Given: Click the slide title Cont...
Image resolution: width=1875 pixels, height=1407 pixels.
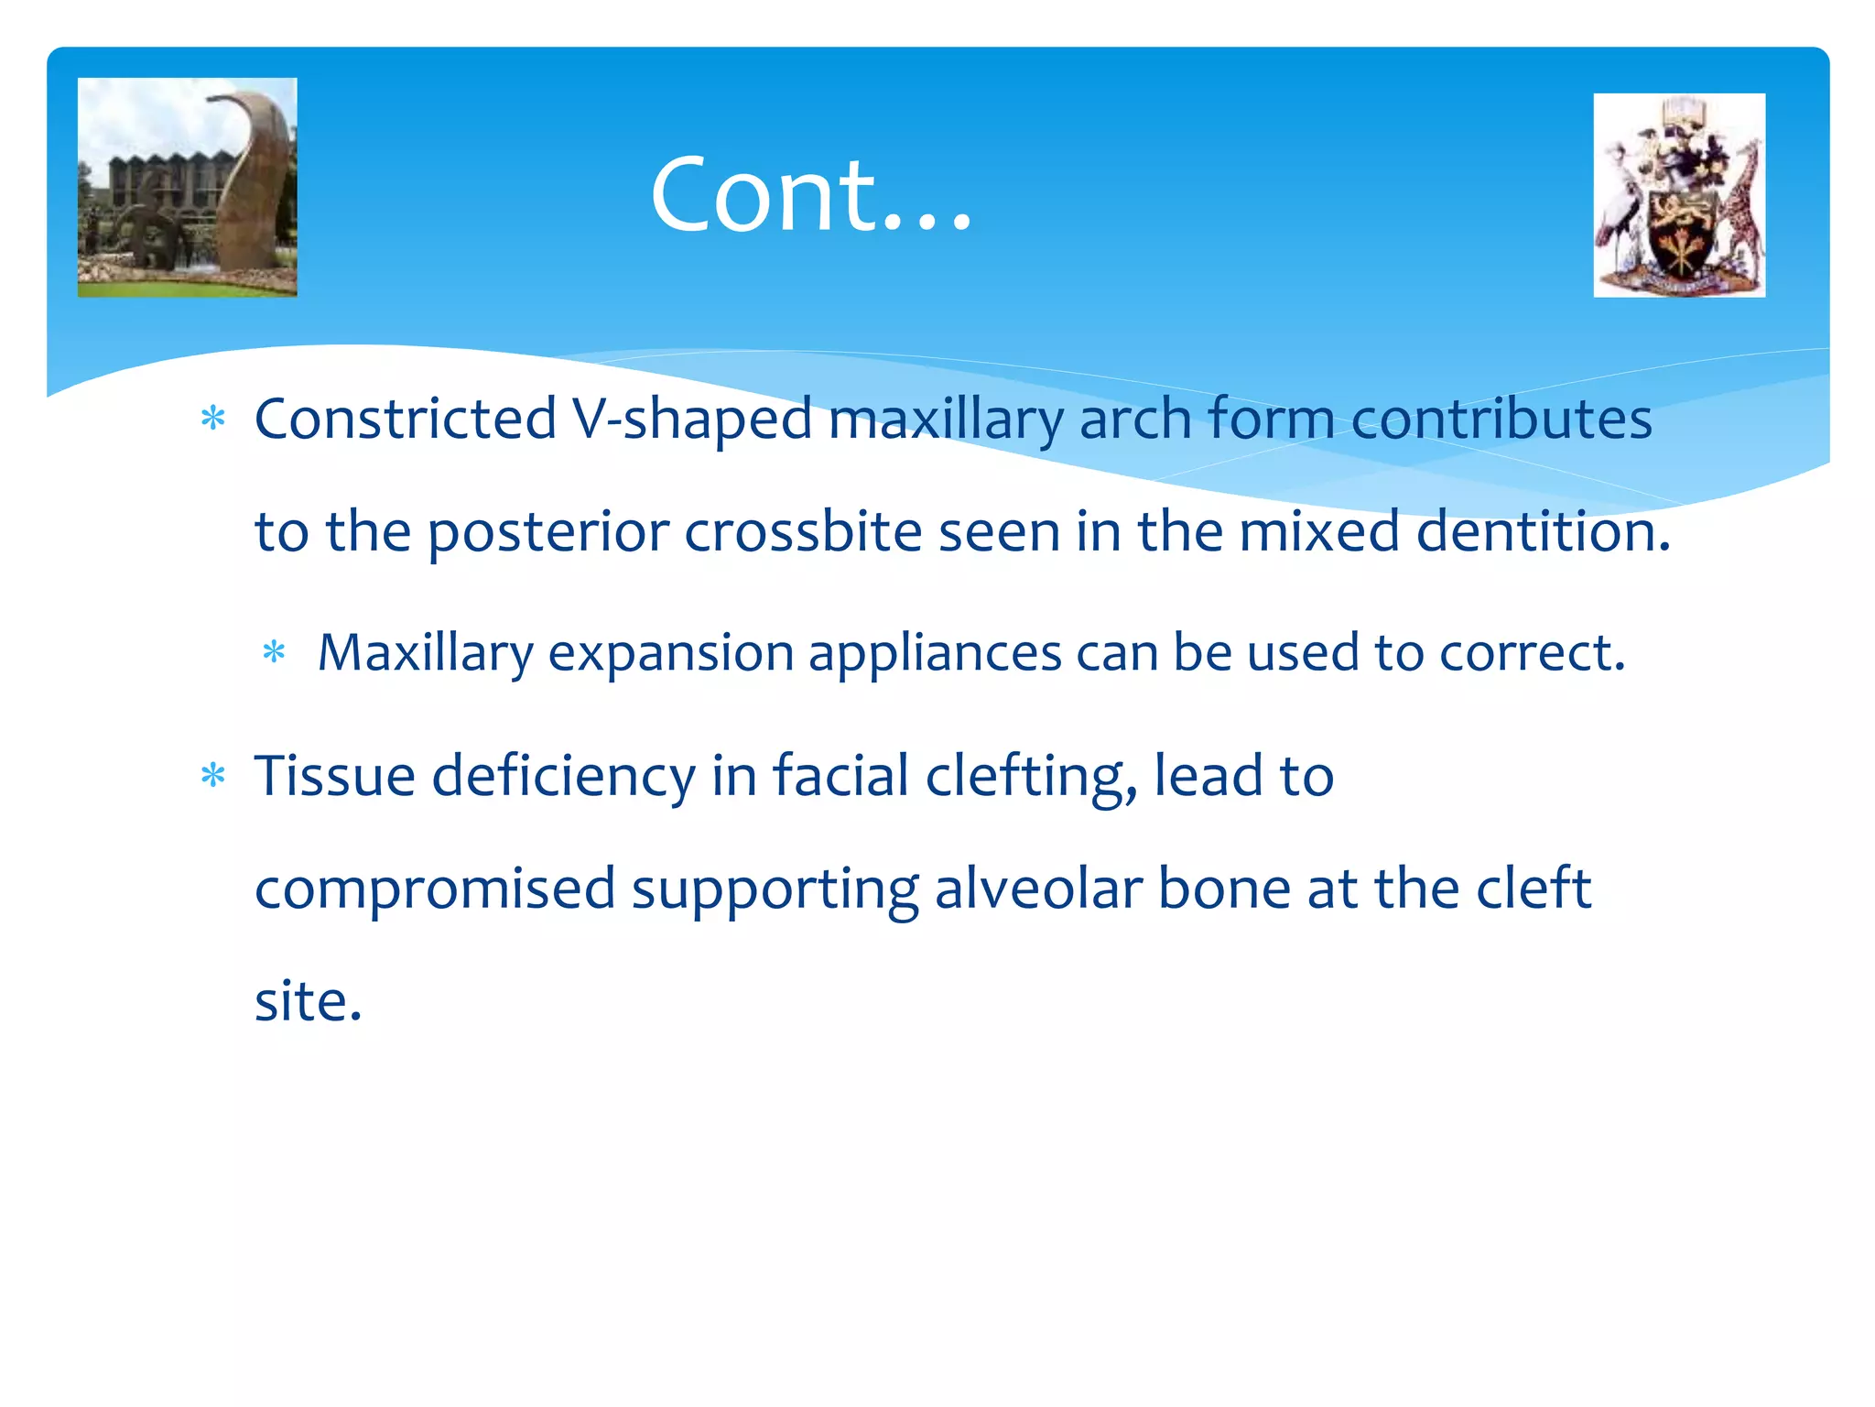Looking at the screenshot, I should tap(810, 194).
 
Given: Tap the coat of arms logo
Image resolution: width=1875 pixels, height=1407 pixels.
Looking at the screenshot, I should tap(1678, 195).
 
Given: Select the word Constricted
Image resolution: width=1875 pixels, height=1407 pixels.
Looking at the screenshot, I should tap(405, 419).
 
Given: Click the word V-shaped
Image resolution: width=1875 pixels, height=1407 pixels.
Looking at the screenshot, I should tap(691, 419).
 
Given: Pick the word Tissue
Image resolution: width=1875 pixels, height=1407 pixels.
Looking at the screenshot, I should tap(334, 776).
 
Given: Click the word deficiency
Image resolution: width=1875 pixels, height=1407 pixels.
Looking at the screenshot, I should tap(563, 776).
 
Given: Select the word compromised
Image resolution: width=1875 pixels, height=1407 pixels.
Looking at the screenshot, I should tap(435, 889).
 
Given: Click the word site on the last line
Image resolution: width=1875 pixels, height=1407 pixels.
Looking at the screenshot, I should tap(308, 1001).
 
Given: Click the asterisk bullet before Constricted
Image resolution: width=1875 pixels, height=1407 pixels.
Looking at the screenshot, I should tap(213, 420).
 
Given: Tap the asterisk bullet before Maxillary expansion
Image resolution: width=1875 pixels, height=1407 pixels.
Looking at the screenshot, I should tap(275, 653).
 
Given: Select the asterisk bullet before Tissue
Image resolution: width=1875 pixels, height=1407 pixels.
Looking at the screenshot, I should tap(213, 776).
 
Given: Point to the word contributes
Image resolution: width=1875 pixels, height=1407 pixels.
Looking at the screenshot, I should tap(1501, 419).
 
